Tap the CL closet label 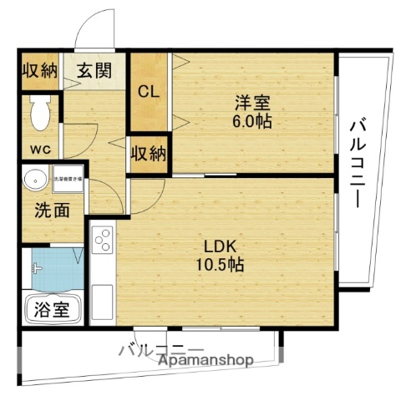coord(150,91)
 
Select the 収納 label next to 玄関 coord(39,70)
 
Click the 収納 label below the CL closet coord(149,154)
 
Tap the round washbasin coord(35,180)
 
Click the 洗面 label coord(52,209)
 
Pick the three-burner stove coord(103,242)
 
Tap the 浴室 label coord(51,310)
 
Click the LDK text coord(223,246)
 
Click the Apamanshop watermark coord(206,360)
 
